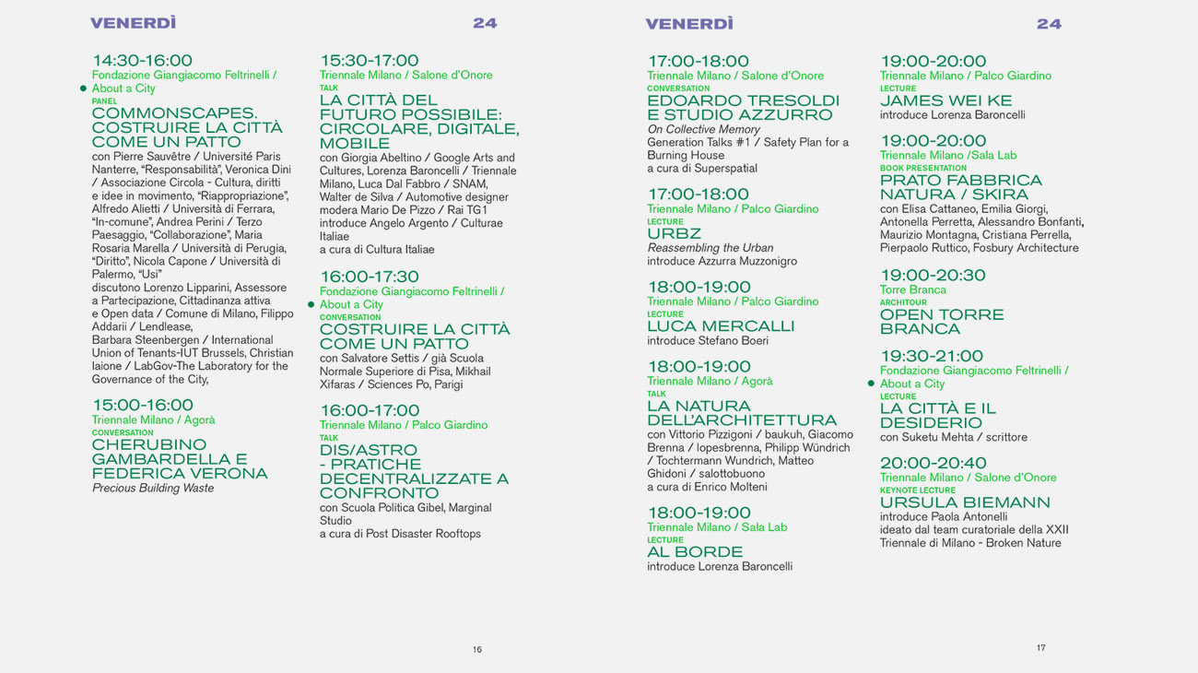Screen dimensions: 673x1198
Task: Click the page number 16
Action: click(x=477, y=650)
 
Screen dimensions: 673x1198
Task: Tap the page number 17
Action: click(x=1041, y=648)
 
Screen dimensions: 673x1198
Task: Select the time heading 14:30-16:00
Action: click(x=142, y=61)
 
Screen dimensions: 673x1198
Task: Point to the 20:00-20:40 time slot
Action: click(x=933, y=463)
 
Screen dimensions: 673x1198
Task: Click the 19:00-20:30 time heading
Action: click(x=933, y=275)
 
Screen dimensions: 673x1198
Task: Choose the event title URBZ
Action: click(x=674, y=234)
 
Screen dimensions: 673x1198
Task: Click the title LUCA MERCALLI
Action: click(x=721, y=326)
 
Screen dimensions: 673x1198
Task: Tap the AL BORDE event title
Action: click(x=695, y=552)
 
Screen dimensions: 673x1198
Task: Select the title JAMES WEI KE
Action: click(x=945, y=100)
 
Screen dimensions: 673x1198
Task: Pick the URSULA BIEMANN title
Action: click(x=965, y=502)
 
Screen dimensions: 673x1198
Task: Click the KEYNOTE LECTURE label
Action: click(x=918, y=490)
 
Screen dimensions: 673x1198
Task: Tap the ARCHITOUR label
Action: click(x=903, y=302)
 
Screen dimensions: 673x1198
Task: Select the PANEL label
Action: click(x=104, y=101)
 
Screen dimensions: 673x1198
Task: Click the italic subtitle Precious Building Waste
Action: click(x=153, y=489)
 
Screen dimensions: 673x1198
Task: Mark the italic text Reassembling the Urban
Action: click(x=711, y=248)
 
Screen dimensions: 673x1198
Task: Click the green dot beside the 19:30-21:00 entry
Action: click(x=871, y=384)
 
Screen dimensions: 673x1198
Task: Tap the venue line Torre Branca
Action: click(x=912, y=289)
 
